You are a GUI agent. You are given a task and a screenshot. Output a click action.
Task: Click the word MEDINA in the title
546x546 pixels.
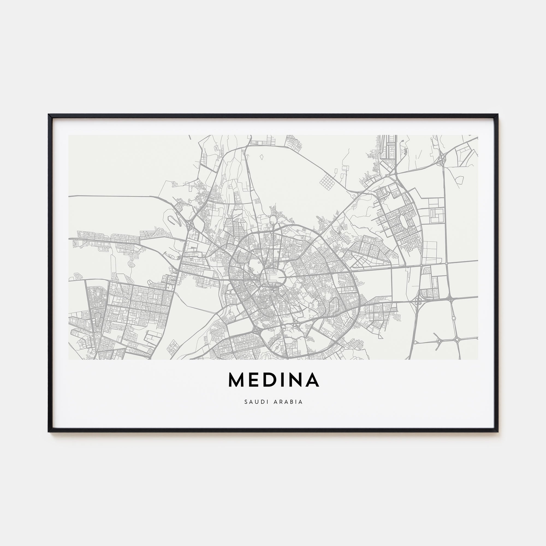(x=273, y=380)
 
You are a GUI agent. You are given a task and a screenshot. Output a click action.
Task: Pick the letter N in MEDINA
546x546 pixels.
(x=296, y=380)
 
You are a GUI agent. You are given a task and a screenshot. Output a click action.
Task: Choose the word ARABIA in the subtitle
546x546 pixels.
(x=288, y=402)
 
